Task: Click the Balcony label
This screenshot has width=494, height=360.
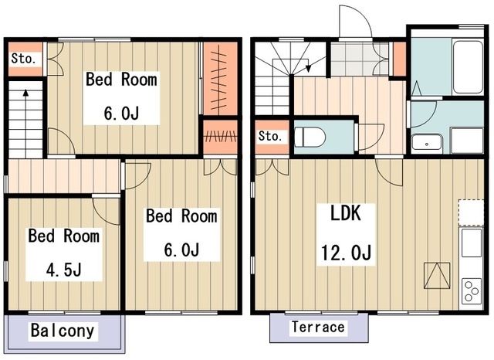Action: click(x=63, y=331)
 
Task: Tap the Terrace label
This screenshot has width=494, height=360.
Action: click(x=318, y=327)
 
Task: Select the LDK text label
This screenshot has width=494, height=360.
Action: click(x=345, y=213)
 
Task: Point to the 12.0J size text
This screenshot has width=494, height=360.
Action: click(x=346, y=252)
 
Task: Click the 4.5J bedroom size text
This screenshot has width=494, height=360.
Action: click(x=63, y=270)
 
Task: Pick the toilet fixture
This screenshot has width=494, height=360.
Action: click(x=309, y=138)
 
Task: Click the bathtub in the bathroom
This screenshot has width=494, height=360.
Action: click(x=468, y=66)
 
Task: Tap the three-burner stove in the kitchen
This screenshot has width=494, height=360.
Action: click(x=472, y=291)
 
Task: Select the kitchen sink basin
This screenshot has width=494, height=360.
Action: click(x=472, y=243)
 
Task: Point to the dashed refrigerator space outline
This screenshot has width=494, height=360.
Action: click(x=471, y=212)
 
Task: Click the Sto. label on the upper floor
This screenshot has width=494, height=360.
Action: click(x=23, y=59)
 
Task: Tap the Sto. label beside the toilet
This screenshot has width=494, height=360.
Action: click(x=270, y=136)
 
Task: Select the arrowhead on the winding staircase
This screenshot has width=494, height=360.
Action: click(x=309, y=68)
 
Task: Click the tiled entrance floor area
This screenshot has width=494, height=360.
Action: click(x=360, y=59)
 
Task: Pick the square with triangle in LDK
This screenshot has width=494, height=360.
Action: click(x=437, y=276)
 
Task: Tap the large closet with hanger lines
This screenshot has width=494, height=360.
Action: click(x=220, y=79)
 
